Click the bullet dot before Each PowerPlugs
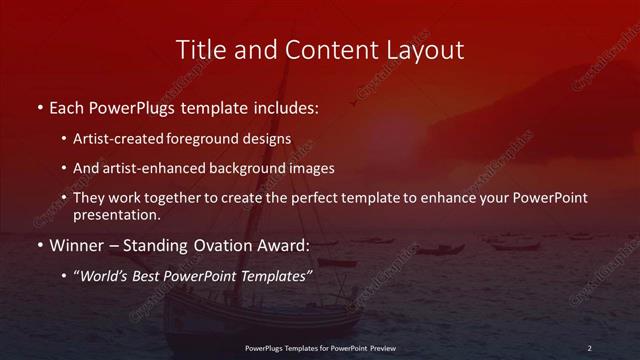click(39, 105)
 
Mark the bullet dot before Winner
click(39, 244)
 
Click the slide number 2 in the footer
click(589, 347)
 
